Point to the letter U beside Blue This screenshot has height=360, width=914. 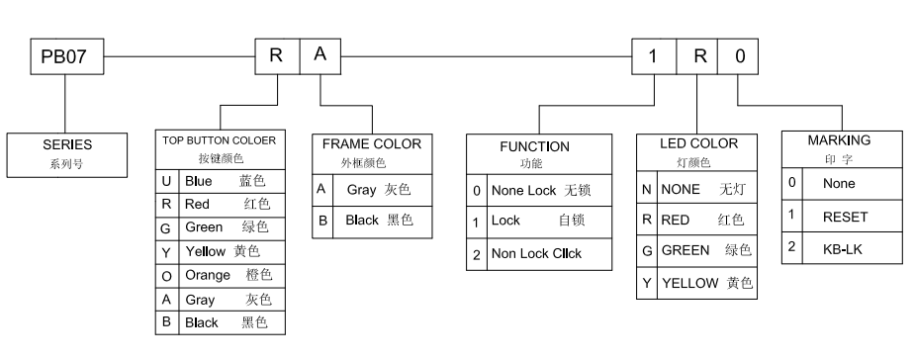tap(167, 182)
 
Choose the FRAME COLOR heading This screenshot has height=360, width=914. tap(372, 143)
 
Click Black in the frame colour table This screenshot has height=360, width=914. tap(361, 220)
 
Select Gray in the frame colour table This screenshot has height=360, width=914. tap(362, 188)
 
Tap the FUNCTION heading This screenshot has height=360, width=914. tap(534, 145)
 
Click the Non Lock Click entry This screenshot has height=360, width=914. tap(537, 253)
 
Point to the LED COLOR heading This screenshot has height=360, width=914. tap(698, 143)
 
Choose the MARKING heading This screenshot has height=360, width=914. tap(839, 140)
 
